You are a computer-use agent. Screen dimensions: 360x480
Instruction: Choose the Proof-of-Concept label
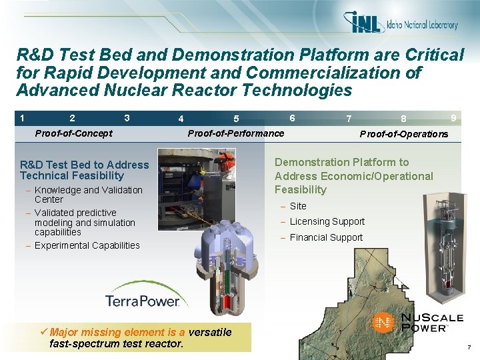(73, 133)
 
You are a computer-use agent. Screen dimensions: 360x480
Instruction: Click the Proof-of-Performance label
(236, 133)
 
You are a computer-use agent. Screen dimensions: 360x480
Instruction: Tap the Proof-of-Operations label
(404, 134)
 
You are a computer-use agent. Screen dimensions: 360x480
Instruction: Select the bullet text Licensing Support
(327, 221)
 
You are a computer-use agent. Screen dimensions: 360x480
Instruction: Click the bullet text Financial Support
(326, 237)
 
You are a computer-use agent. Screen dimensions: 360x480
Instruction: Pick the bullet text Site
(298, 206)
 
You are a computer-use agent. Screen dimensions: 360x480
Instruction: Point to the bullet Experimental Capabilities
(87, 245)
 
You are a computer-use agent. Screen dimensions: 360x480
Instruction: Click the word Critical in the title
(432, 55)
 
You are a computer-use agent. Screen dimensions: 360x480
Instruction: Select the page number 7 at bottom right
(469, 348)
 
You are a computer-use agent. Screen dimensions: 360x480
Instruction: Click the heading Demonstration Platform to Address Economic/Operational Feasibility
(353, 176)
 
